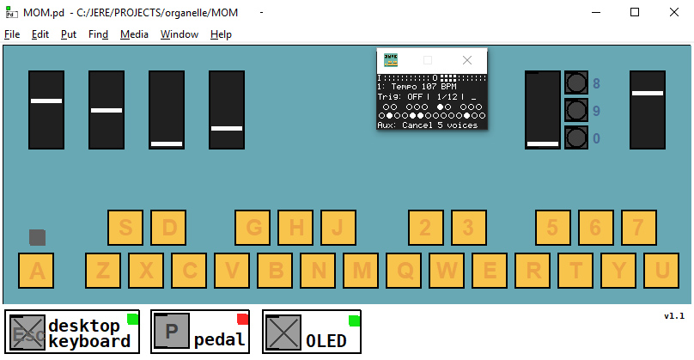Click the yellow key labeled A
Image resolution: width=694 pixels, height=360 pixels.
click(x=37, y=271)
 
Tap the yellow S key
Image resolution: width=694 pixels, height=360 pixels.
click(x=125, y=228)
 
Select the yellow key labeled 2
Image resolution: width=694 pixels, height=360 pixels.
click(x=426, y=228)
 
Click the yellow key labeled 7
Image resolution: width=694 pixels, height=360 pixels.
click(x=638, y=228)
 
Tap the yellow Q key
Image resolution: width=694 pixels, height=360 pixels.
click(x=404, y=271)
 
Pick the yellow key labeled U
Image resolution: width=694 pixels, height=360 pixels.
click(x=661, y=271)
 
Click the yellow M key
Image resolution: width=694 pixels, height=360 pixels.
click(x=361, y=271)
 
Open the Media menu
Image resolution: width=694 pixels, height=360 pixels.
click(x=134, y=34)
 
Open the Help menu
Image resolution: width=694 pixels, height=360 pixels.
click(x=221, y=34)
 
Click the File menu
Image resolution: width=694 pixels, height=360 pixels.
click(x=12, y=34)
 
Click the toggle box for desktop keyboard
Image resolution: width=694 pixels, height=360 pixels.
click(x=27, y=333)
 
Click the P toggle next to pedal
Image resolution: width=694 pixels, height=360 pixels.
click(x=172, y=333)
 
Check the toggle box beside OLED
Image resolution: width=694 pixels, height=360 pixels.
click(x=283, y=333)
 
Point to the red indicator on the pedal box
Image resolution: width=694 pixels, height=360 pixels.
click(x=242, y=320)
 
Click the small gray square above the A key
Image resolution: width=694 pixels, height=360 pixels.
click(x=37, y=237)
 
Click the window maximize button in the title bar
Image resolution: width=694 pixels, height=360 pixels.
click(x=634, y=12)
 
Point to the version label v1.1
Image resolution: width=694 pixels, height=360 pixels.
click(x=673, y=316)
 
